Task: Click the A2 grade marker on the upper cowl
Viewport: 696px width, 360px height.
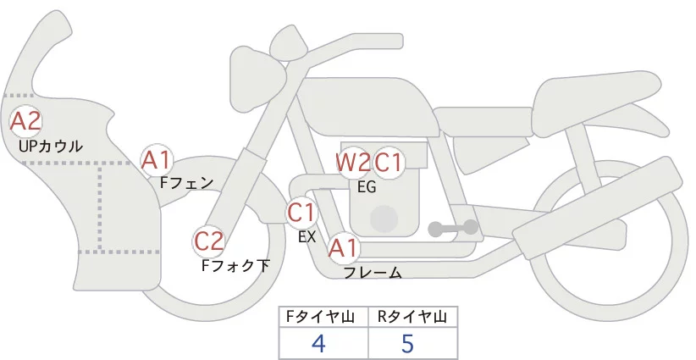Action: (x=25, y=121)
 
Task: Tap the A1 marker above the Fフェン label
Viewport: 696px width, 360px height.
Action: (x=157, y=159)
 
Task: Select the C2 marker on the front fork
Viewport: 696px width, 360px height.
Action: (x=208, y=242)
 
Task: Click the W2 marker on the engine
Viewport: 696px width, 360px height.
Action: (x=352, y=162)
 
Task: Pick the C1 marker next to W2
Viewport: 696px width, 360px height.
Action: (x=389, y=162)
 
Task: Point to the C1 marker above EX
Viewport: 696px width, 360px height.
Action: (x=301, y=211)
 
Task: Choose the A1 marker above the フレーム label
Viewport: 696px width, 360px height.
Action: (x=343, y=249)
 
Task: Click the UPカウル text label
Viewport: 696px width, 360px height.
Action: (x=50, y=147)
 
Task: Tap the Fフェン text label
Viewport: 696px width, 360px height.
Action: (x=186, y=182)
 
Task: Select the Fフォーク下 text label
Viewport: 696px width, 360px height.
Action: (x=235, y=266)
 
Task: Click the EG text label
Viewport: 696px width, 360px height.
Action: (x=367, y=187)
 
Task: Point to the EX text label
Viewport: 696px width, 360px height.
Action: (x=307, y=237)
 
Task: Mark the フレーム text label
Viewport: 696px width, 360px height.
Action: (x=373, y=273)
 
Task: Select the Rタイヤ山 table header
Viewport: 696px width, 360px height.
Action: (x=412, y=317)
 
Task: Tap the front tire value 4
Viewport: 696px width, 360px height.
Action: (x=318, y=343)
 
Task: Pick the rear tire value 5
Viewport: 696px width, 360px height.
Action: (x=408, y=343)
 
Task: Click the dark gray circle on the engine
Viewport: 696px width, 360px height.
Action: (x=385, y=219)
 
